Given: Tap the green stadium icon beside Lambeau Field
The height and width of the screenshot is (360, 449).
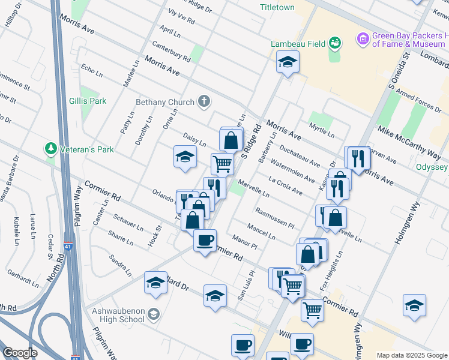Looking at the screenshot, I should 335,42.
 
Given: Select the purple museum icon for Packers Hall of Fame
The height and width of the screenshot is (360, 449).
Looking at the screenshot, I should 362,40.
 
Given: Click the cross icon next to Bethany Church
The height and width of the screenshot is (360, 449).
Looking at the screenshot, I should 204,101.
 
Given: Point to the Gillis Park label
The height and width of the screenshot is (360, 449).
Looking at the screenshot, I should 88,101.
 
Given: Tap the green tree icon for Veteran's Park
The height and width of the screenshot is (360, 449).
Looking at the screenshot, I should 51,148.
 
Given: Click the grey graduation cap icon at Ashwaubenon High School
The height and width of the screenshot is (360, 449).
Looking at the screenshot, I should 154,314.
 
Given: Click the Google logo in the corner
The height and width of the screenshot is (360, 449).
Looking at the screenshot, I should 20,353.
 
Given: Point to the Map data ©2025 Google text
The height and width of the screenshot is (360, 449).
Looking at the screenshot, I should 411,355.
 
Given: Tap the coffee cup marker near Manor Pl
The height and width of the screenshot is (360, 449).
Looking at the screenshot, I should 205,241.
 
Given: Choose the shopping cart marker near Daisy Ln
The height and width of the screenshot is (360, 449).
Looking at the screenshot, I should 222,163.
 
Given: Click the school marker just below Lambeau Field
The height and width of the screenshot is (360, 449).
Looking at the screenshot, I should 288,62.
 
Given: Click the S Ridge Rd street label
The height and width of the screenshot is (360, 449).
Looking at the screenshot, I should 252,142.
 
